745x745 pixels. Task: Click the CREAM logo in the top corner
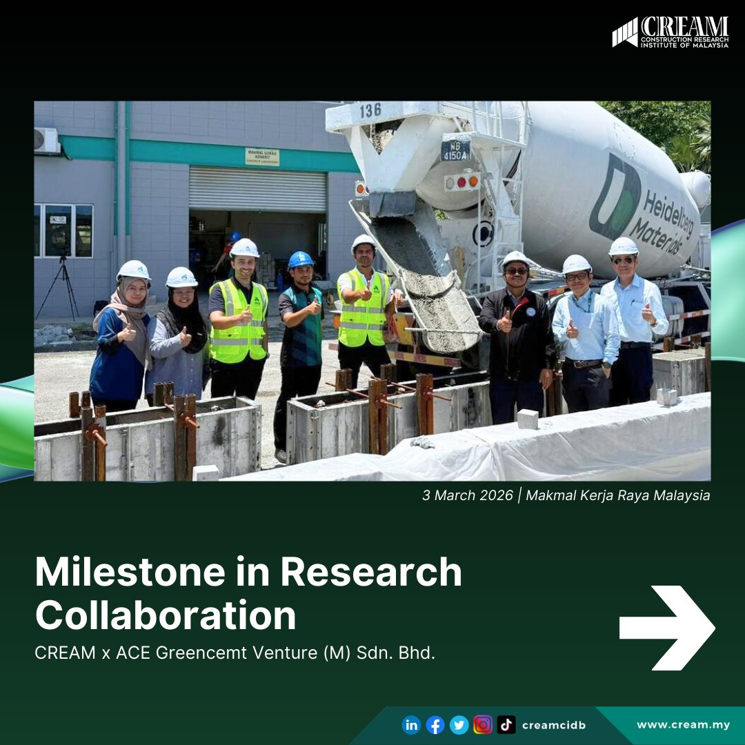pyautogui.click(x=670, y=32)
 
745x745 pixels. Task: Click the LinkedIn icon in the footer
pyautogui.click(x=411, y=725)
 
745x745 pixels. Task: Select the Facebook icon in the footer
pyautogui.click(x=435, y=725)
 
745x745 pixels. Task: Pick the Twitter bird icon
pyautogui.click(x=459, y=725)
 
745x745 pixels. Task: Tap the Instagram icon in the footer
pyautogui.click(x=483, y=725)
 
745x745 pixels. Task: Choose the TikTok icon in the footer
pyautogui.click(x=506, y=725)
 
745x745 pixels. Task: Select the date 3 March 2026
pyautogui.click(x=468, y=495)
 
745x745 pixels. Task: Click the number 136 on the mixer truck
pyautogui.click(x=370, y=110)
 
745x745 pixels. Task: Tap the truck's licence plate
pyautogui.click(x=455, y=150)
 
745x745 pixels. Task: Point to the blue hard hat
pyautogui.click(x=301, y=259)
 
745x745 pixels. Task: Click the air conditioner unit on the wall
pyautogui.click(x=47, y=140)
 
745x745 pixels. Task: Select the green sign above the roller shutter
pyautogui.click(x=262, y=157)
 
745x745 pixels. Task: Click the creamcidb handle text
pyautogui.click(x=554, y=725)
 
